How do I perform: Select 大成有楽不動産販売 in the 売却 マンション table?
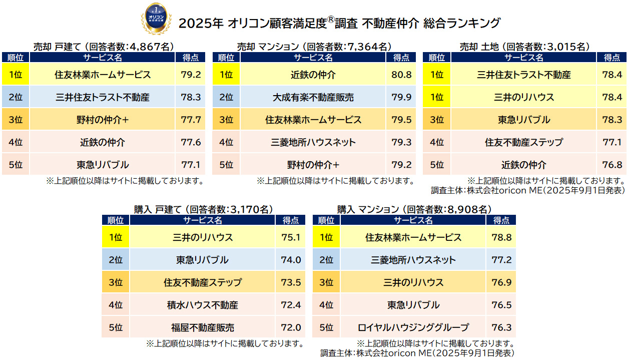[x=313, y=98]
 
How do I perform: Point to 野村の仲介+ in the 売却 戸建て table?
[x=102, y=120]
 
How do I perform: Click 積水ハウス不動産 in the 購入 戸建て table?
[x=202, y=305]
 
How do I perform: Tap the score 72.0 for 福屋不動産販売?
[x=291, y=328]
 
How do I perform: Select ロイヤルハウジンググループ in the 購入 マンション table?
[x=413, y=328]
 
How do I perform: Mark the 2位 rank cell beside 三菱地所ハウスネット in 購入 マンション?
[x=326, y=260]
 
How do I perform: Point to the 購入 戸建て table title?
[x=202, y=209]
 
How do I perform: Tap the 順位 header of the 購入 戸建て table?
[x=116, y=220]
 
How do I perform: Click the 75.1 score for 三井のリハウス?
[x=291, y=238]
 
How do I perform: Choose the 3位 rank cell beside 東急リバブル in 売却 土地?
[x=437, y=120]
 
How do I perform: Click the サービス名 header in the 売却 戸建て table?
[x=102, y=57]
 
